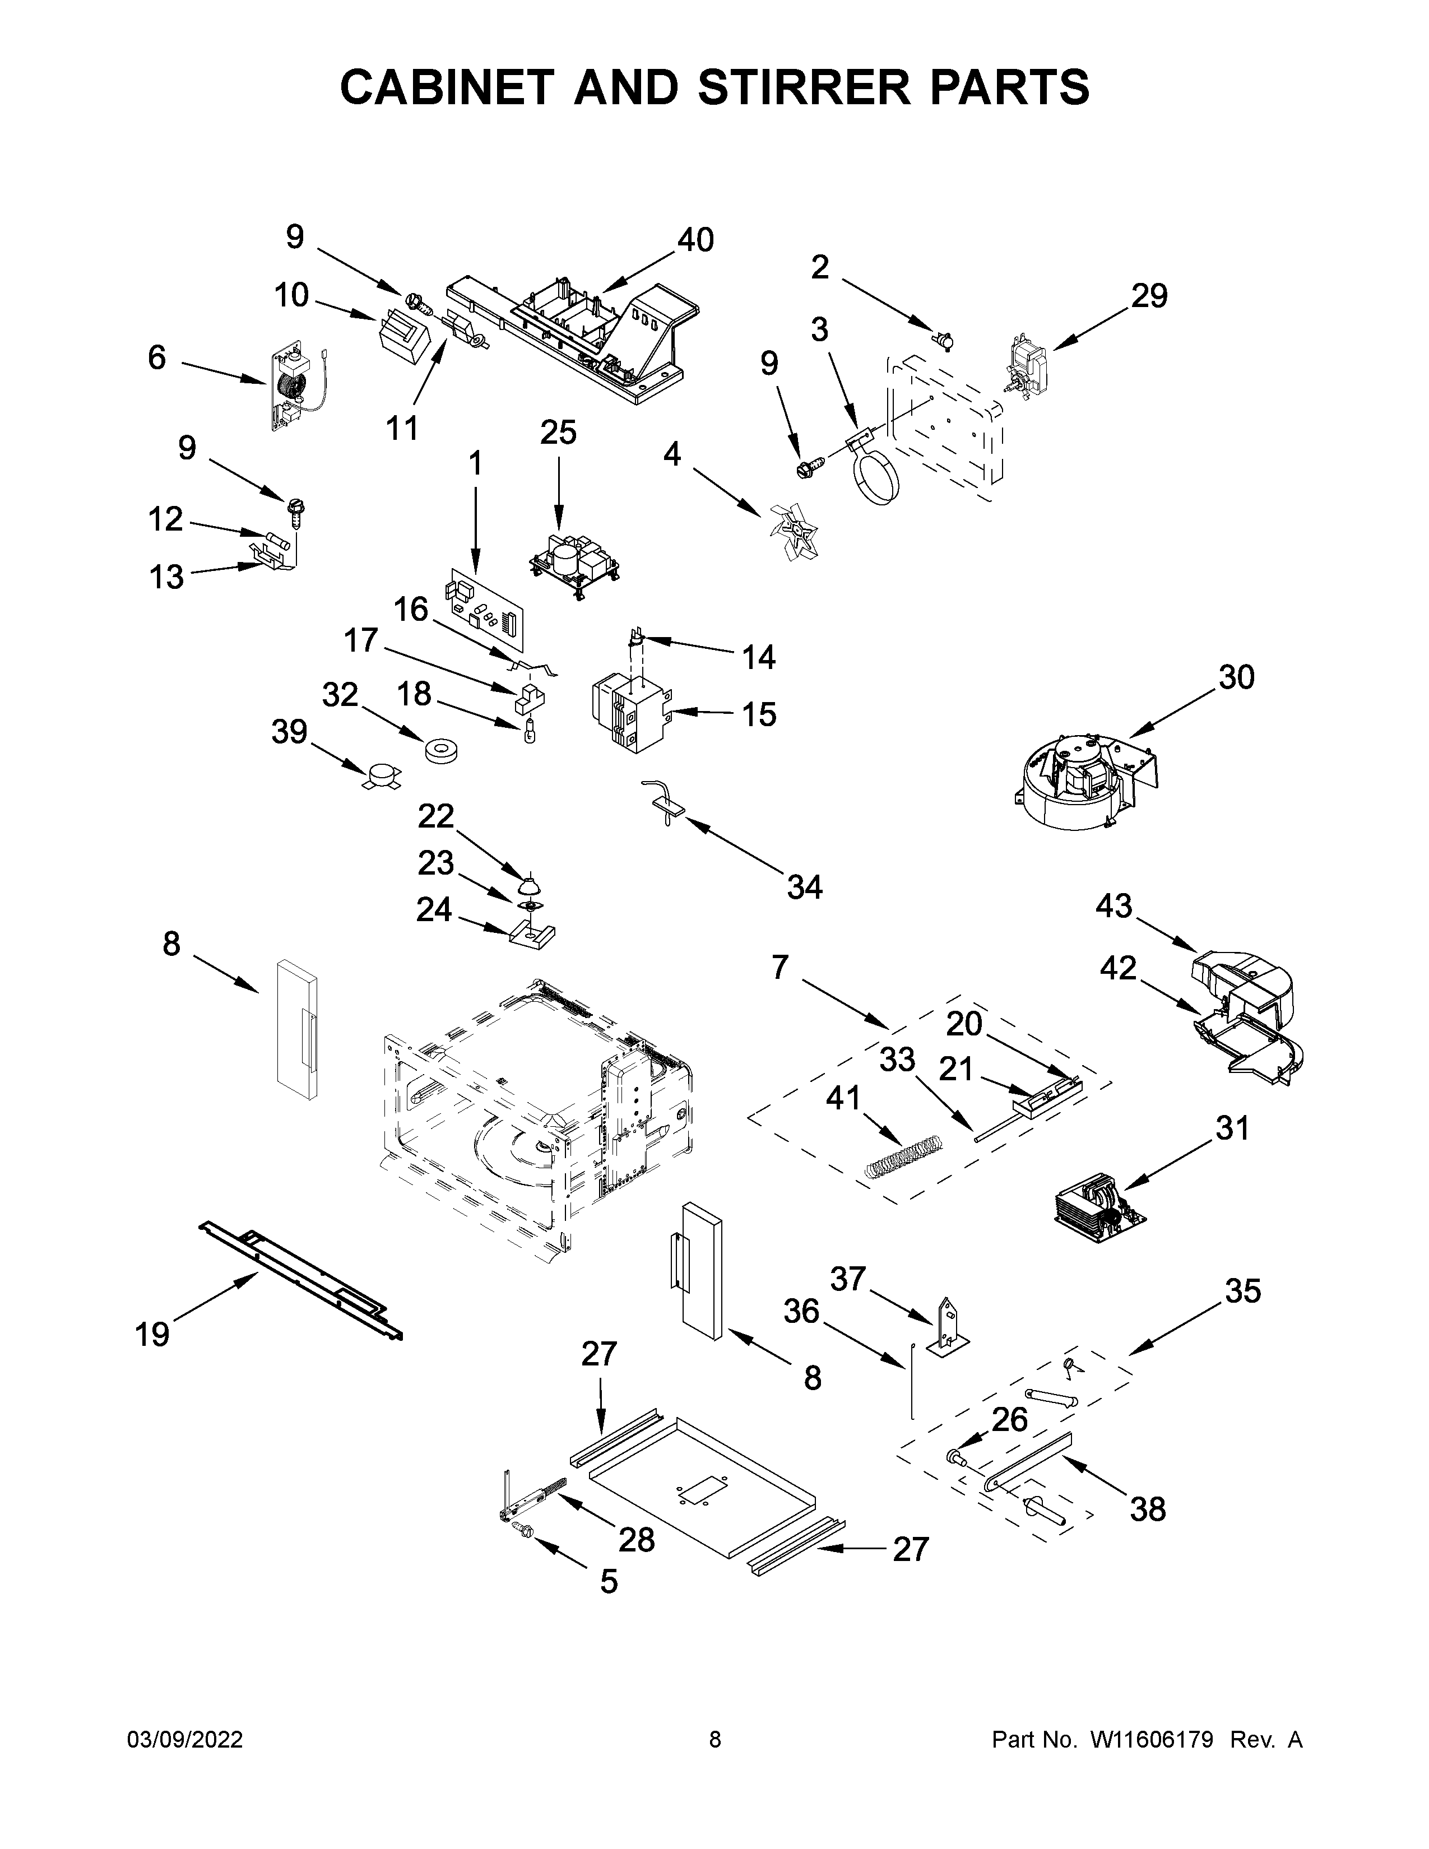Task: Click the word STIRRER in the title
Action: click(x=799, y=87)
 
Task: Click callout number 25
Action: click(x=558, y=433)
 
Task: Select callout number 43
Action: click(x=1113, y=906)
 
